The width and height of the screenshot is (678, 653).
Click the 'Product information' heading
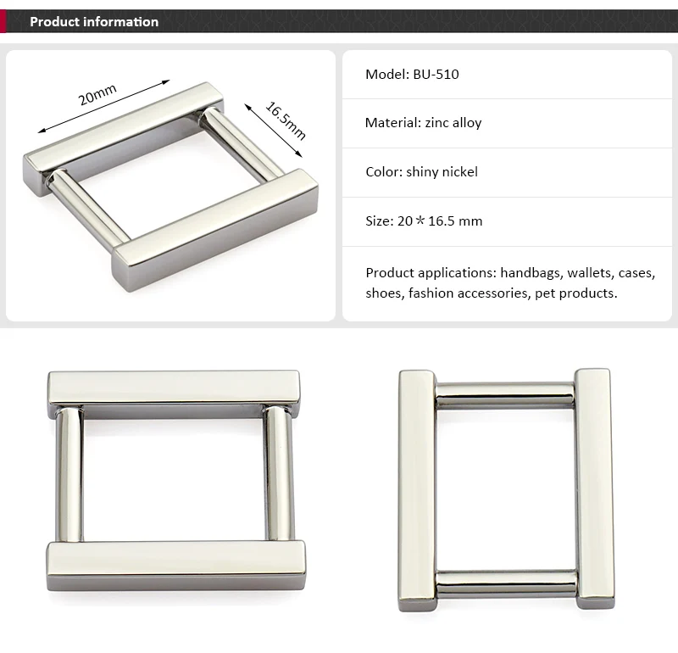94,22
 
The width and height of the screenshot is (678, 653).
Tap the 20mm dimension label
97,95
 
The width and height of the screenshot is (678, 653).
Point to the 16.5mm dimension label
286,120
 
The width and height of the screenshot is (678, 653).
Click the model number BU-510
436,75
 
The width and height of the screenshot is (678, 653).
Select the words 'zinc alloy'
453,123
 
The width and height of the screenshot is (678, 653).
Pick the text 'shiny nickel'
442,172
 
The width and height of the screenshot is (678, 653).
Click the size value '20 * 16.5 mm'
440,221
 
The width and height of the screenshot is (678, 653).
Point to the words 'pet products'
576,293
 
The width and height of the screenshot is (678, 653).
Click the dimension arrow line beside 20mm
103,106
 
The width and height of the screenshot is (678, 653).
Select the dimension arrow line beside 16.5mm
273,131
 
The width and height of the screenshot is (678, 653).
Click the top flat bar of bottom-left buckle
174,388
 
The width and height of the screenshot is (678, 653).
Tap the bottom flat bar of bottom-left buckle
176,566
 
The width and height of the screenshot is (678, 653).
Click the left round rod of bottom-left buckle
69,474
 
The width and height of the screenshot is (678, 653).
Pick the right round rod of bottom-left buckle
279,473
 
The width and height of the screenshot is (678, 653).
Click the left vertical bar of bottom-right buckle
417,490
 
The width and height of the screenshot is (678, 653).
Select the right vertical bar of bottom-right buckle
595,488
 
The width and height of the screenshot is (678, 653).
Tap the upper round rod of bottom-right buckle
505,395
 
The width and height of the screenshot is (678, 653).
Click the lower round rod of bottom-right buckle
506,583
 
